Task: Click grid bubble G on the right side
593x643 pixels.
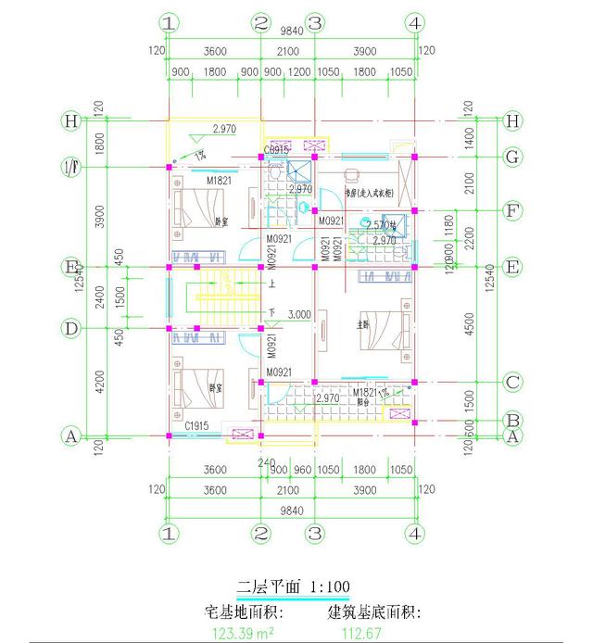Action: coord(511,157)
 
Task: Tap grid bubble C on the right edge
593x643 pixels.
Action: coord(511,382)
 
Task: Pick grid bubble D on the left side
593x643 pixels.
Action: coord(69,328)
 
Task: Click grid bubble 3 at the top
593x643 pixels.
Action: coord(315,22)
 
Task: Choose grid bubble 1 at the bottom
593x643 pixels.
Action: coord(168,534)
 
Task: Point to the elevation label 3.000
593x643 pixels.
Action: coord(298,315)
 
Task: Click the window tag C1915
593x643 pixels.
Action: coord(196,425)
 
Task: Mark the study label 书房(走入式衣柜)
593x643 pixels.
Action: coord(369,194)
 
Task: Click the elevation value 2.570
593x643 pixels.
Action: coord(378,224)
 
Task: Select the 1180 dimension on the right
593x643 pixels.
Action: coord(451,223)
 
